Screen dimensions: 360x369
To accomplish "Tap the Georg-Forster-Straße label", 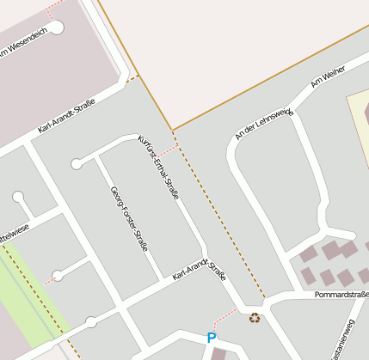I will click(x=129, y=218).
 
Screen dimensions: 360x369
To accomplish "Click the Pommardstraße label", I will click(x=341, y=295).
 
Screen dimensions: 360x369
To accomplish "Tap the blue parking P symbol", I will click(x=212, y=338).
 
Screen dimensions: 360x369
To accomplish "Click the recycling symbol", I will click(x=255, y=318).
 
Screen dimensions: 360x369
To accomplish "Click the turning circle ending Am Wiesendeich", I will click(x=57, y=27).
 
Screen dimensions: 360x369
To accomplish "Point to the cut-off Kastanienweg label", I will click(x=350, y=338).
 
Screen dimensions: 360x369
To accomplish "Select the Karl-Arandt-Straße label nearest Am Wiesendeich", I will click(x=66, y=116).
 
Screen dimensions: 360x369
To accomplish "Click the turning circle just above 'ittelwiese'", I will click(x=18, y=198).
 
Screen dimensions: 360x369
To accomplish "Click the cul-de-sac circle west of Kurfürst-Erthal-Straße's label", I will click(x=77, y=163).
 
